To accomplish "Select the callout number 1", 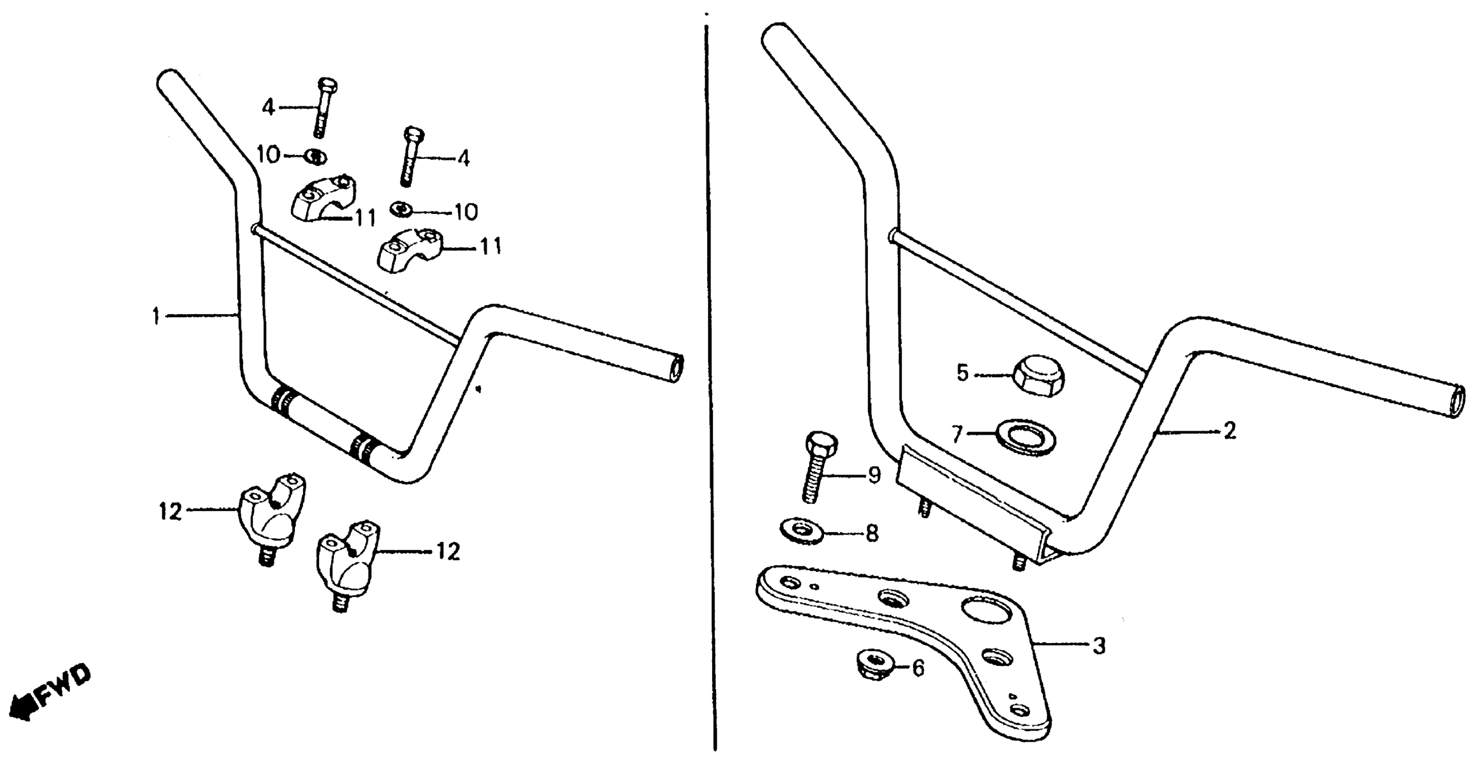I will coord(156,316).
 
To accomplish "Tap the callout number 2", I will coord(1229,431).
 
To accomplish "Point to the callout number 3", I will coord(1099,646).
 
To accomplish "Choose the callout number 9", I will coord(873,475).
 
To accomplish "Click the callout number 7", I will coord(956,434).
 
